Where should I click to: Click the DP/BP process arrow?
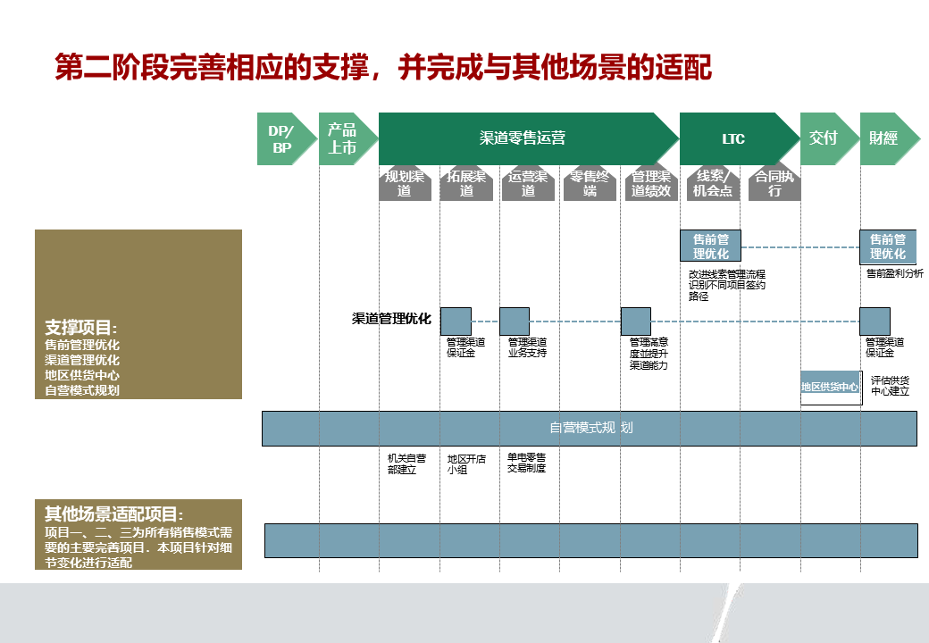(280, 139)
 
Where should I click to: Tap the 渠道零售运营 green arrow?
(523, 139)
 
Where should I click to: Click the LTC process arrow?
(734, 139)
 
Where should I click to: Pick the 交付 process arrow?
(824, 138)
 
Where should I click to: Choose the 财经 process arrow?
(884, 138)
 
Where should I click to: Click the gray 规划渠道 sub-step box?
(405, 184)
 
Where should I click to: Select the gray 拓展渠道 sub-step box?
(466, 184)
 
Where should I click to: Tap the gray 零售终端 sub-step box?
(590, 184)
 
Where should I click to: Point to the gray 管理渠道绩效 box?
(650, 184)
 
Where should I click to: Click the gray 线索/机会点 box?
(712, 184)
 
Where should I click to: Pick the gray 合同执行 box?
(774, 184)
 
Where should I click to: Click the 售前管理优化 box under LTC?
(711, 246)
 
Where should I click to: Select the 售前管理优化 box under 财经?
(888, 246)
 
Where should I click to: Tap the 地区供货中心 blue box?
(830, 388)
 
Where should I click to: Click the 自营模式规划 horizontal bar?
(590, 428)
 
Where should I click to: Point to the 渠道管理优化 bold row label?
(391, 319)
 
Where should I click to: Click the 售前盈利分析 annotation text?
(894, 274)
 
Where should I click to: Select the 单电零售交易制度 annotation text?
(526, 463)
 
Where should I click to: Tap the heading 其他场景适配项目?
(114, 514)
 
